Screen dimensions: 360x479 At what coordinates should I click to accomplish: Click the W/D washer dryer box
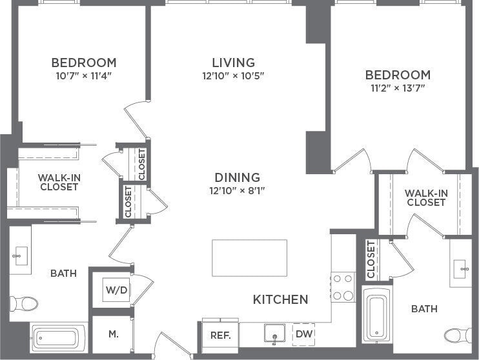click(117, 290)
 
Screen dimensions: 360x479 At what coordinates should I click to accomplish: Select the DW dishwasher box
click(303, 334)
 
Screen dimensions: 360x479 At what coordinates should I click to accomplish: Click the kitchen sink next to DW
click(275, 334)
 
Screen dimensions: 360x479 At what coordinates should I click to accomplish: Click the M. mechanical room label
click(113, 334)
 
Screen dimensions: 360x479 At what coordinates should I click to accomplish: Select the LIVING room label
click(233, 63)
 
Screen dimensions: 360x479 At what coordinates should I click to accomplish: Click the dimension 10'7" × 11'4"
click(84, 75)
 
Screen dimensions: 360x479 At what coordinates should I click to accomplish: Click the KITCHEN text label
click(280, 299)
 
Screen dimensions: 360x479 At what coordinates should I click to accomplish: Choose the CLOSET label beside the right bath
click(371, 259)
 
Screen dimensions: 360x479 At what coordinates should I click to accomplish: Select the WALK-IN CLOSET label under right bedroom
click(425, 197)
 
